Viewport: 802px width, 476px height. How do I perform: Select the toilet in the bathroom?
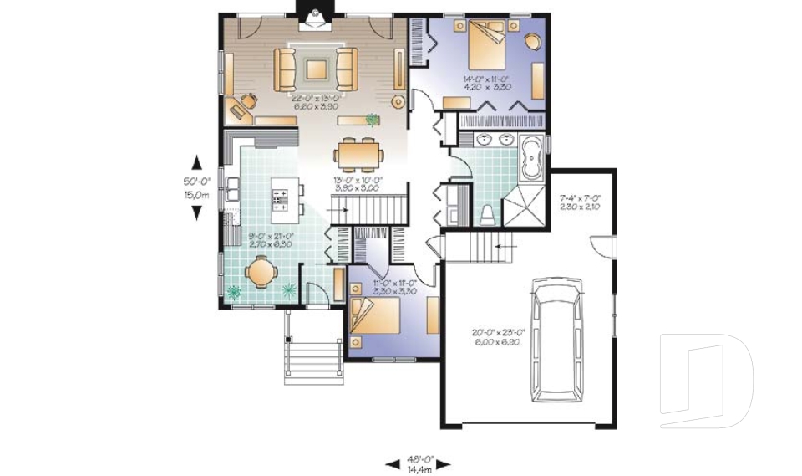click(x=488, y=214)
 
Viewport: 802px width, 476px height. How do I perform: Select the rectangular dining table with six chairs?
click(x=360, y=155)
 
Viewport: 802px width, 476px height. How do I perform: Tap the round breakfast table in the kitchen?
click(x=260, y=272)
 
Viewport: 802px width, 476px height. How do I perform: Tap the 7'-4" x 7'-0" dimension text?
click(x=579, y=202)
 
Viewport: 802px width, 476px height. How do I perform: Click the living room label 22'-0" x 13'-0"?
click(x=314, y=102)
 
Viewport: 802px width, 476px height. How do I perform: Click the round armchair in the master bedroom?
click(x=531, y=42)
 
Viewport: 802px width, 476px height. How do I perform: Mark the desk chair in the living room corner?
click(x=246, y=102)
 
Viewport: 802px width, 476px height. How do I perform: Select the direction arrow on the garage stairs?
click(x=501, y=246)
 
